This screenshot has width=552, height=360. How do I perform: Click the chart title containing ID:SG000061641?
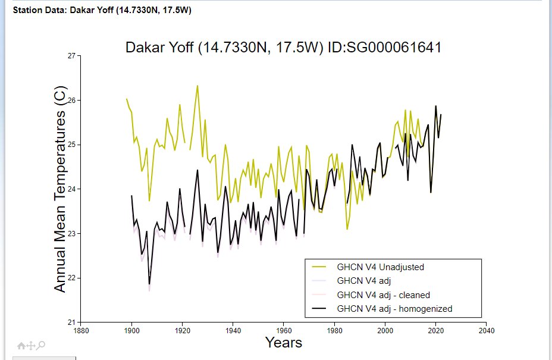[283, 48]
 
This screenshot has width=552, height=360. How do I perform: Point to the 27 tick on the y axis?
[71, 56]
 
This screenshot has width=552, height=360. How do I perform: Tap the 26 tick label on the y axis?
[71, 100]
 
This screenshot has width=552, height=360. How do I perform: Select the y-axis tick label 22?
[71, 278]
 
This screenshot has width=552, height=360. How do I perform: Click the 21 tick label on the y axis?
[71, 322]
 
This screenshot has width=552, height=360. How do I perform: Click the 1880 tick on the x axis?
[80, 330]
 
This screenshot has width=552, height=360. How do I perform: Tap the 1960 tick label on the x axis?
[284, 330]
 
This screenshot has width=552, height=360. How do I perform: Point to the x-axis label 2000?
[385, 330]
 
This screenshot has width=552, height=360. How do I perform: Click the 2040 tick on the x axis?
[487, 330]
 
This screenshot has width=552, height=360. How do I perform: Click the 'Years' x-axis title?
[284, 343]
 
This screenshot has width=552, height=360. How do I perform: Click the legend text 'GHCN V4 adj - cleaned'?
[383, 295]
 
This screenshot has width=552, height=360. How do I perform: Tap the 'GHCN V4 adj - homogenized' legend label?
[394, 309]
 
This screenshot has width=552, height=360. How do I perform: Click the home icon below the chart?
[21, 345]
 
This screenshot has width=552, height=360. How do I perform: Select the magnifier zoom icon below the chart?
[42, 345]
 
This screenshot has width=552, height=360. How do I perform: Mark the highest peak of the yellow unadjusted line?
[197, 86]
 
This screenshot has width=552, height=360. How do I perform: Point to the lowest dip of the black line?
[149, 284]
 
